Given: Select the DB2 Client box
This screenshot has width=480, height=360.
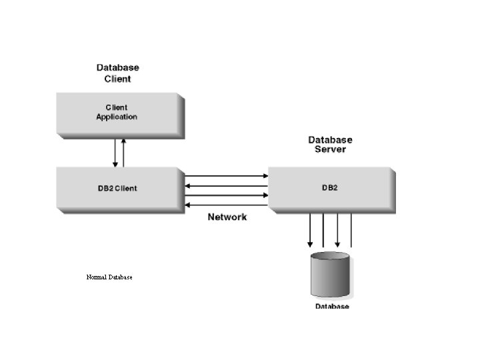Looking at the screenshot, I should tap(119, 189).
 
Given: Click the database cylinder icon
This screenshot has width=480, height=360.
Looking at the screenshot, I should tap(330, 275).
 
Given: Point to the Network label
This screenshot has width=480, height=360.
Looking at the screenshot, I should tap(227, 217).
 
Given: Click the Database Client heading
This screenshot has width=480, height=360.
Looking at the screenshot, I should tap(118, 73).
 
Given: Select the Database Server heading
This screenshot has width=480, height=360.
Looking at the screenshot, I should tap(330, 145).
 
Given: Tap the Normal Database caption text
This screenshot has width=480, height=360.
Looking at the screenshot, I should tap(109, 277).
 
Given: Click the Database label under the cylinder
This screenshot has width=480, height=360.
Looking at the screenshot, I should tap(332, 306).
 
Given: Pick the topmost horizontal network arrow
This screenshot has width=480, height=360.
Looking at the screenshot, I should tap(226, 177).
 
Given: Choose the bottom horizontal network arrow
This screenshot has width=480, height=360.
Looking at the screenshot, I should tap(226, 205).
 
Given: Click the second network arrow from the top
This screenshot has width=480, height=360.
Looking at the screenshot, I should tap(226, 186).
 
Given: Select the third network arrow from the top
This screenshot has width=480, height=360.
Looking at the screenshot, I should tap(226, 195).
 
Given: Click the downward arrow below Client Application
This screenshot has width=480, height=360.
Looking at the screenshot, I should tap(115, 153).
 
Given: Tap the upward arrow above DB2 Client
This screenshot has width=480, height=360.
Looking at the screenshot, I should tap(123, 153).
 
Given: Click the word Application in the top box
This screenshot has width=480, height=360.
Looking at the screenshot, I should tap(117, 117).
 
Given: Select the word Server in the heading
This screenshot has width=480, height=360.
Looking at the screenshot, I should tap(330, 149).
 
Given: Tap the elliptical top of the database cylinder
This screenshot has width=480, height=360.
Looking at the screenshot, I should tap(330, 257).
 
